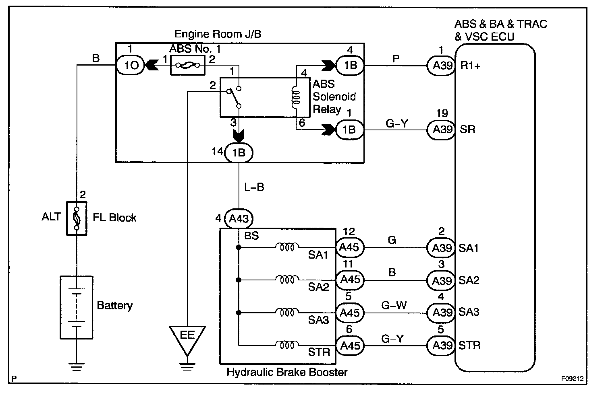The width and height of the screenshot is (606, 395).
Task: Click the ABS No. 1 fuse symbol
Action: point(187,65)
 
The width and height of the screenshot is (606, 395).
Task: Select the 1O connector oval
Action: point(131,65)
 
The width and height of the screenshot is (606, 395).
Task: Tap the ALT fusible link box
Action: point(77,218)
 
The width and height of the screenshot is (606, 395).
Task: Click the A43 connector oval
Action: point(239,218)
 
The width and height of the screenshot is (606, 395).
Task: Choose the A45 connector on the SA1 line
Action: point(350,247)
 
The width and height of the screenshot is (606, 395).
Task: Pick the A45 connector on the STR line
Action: point(350,346)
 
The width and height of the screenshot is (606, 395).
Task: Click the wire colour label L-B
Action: point(254,187)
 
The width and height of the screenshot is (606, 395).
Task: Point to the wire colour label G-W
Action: point(394,305)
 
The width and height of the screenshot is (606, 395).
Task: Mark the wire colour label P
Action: point(396,59)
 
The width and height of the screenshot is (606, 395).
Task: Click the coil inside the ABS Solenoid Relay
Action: point(296,97)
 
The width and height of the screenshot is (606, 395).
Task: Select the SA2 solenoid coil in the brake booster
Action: point(287,279)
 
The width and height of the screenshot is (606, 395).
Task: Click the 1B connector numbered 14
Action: point(239,153)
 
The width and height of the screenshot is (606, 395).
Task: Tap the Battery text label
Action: point(115,306)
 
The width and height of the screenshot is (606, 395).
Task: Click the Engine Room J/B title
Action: point(218,34)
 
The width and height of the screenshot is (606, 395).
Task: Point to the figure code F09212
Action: point(572,379)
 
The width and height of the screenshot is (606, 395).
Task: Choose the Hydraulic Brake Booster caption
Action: point(287,372)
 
